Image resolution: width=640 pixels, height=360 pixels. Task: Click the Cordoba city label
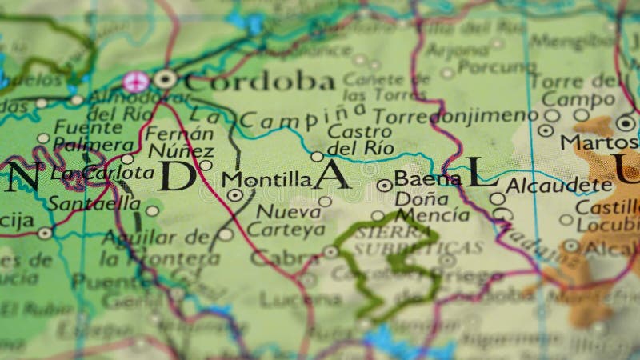coord(259,81)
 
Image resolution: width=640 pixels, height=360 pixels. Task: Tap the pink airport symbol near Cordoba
coord(137,80)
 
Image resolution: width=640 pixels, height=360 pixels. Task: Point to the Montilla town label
coord(266,180)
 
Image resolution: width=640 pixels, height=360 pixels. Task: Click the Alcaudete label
coord(559,185)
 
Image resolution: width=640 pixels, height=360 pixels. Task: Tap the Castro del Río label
coord(361,139)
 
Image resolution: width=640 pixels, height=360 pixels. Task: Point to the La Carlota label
coord(102,172)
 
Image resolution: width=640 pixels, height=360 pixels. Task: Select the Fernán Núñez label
coord(180,142)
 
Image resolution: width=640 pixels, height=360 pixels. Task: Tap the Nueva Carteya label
coord(286,220)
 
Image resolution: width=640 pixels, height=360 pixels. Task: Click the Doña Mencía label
coord(432,206)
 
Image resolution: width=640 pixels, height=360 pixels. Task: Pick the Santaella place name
coord(94,203)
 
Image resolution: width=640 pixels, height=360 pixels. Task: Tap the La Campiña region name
coord(292,118)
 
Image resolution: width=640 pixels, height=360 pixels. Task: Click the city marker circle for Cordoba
coord(165,78)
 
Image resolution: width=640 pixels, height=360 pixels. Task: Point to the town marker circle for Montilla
coord(234,194)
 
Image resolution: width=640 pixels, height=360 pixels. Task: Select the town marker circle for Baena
coord(385,185)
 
